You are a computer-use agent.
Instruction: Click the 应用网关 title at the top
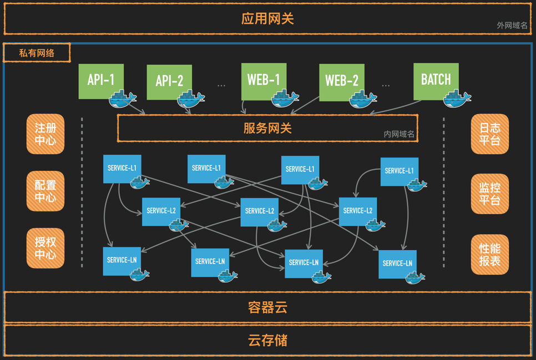pos(267,19)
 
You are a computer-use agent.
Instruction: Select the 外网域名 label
pos(512,26)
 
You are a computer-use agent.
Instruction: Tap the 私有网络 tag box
pos(37,53)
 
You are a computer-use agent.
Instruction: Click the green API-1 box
pos(100,81)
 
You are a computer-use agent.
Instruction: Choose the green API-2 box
pos(169,82)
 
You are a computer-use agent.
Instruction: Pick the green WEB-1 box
pos(264,80)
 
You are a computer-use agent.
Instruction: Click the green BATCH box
pos(436,80)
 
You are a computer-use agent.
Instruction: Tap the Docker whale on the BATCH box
pos(457,99)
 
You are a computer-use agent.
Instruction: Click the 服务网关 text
pos(267,128)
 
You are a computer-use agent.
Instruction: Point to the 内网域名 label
pos(399,134)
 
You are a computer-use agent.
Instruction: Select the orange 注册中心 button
pos(45,134)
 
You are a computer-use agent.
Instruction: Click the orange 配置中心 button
pos(45,191)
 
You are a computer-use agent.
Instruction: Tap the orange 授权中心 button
pos(45,248)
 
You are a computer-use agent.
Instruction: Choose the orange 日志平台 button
pos(489,134)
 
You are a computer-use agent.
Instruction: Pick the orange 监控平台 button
pos(489,194)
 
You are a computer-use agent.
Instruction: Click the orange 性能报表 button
pos(489,255)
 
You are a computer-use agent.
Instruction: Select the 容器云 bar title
pos(267,307)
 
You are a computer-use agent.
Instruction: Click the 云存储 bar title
pos(267,340)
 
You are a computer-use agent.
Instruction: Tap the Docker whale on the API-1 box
pos(122,100)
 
